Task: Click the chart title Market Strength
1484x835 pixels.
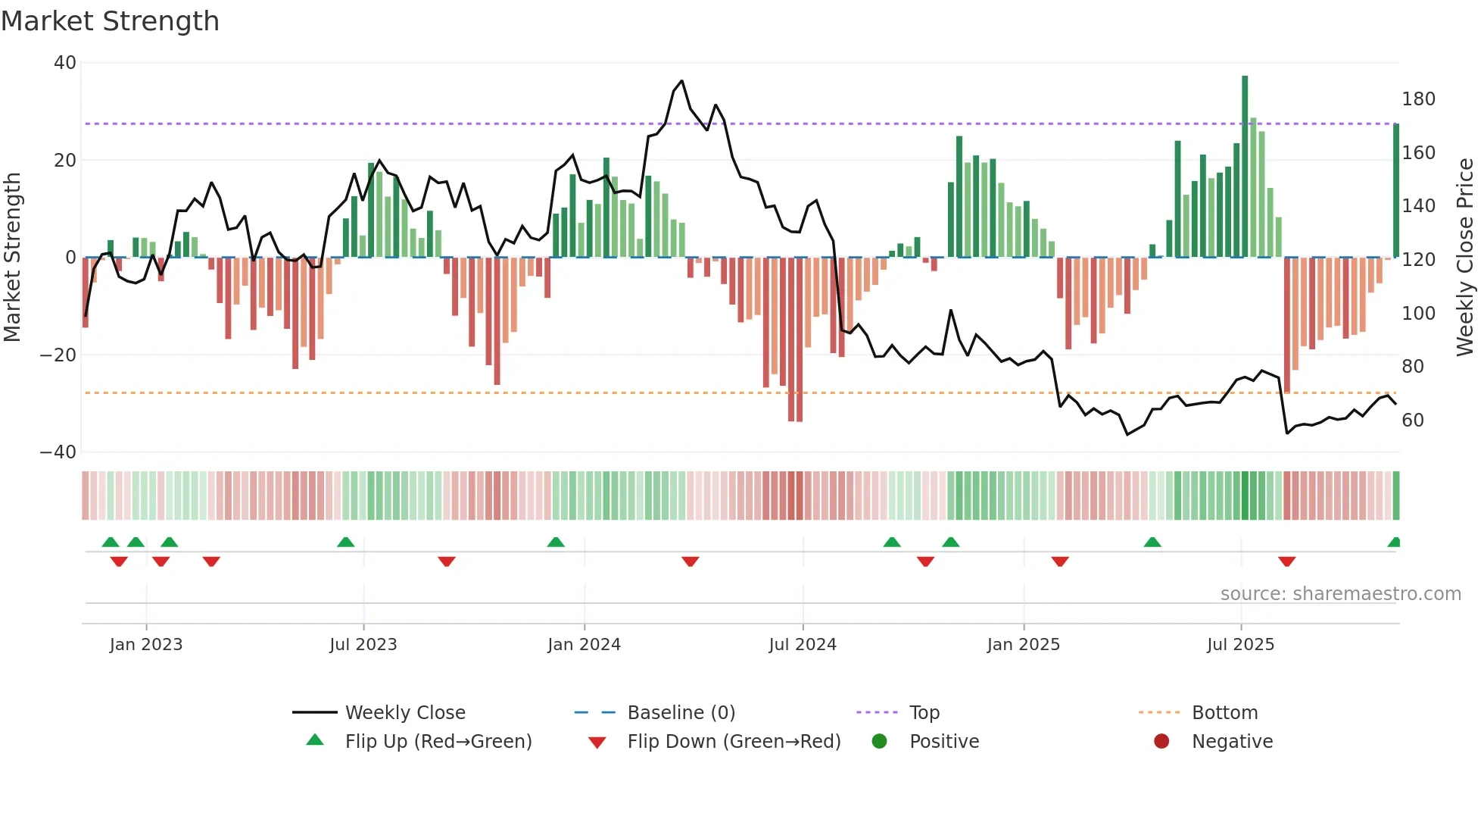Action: tap(110, 21)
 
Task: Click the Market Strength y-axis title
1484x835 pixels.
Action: tap(13, 257)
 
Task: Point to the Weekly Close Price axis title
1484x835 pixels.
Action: tap(1465, 257)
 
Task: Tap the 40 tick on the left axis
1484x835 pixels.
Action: tap(65, 63)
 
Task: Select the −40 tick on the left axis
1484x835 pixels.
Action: tap(58, 452)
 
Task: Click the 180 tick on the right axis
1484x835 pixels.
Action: tap(1418, 99)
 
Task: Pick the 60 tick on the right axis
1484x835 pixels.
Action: tap(1413, 421)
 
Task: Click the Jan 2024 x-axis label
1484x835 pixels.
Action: tap(584, 645)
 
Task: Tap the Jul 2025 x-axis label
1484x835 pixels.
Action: tap(1240, 645)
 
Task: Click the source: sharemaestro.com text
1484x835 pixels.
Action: tap(1340, 594)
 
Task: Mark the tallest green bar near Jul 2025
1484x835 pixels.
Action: tap(1245, 167)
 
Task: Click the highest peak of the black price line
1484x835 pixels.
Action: tap(681, 81)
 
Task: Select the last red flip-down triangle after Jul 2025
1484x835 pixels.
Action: tap(1286, 561)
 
